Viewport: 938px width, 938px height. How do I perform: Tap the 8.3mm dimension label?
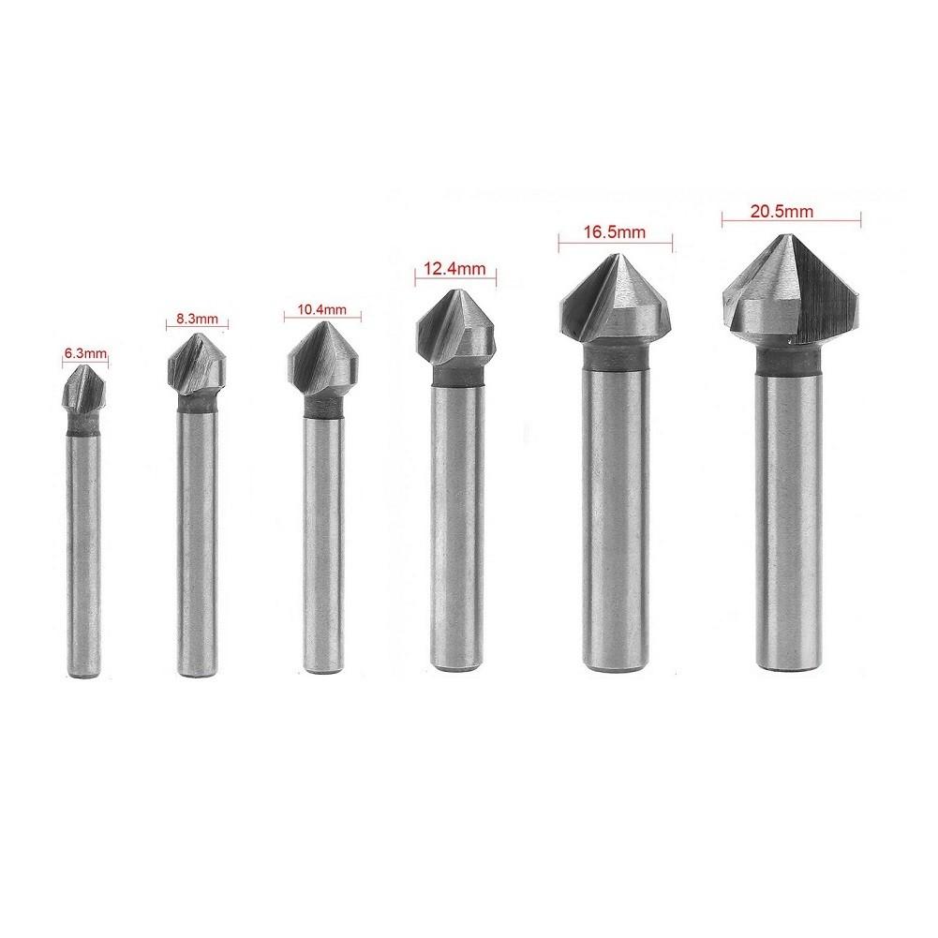196,319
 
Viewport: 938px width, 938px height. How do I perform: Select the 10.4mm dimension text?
320,308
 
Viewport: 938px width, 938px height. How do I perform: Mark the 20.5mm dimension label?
790,213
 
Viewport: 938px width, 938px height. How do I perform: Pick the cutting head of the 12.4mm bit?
456,328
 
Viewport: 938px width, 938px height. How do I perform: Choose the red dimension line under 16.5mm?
615,245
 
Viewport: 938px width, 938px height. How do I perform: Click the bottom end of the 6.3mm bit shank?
86,672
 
